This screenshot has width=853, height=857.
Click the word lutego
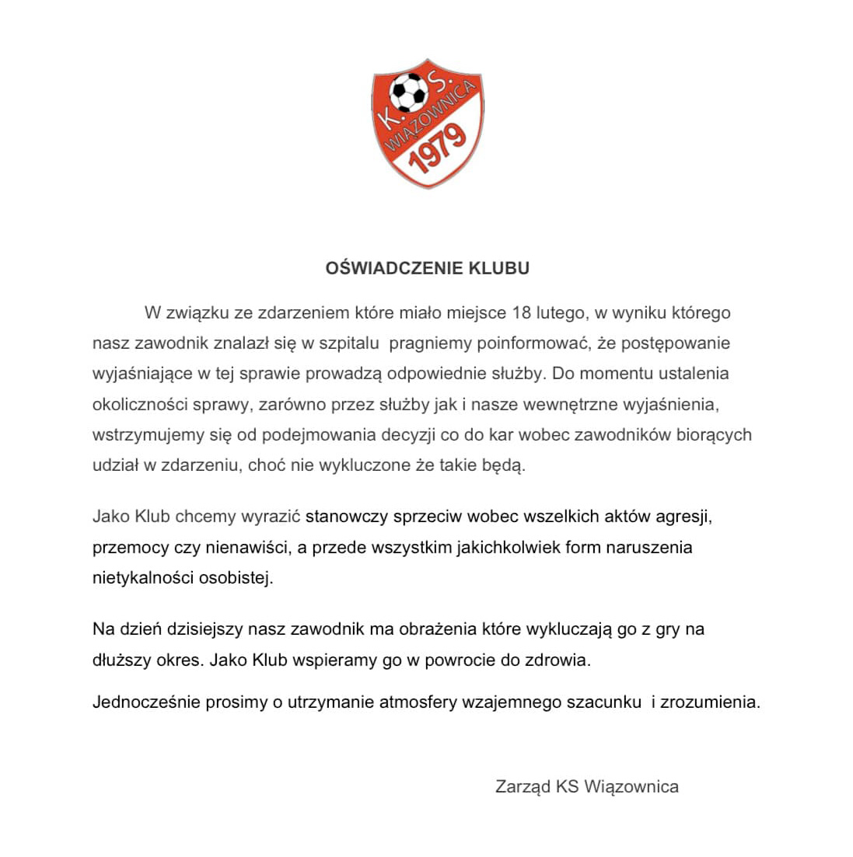[560, 313]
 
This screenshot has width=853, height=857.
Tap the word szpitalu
[344, 343]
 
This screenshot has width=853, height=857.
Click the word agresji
[682, 516]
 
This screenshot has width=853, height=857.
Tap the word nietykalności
[141, 579]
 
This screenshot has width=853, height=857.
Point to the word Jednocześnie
[145, 702]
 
